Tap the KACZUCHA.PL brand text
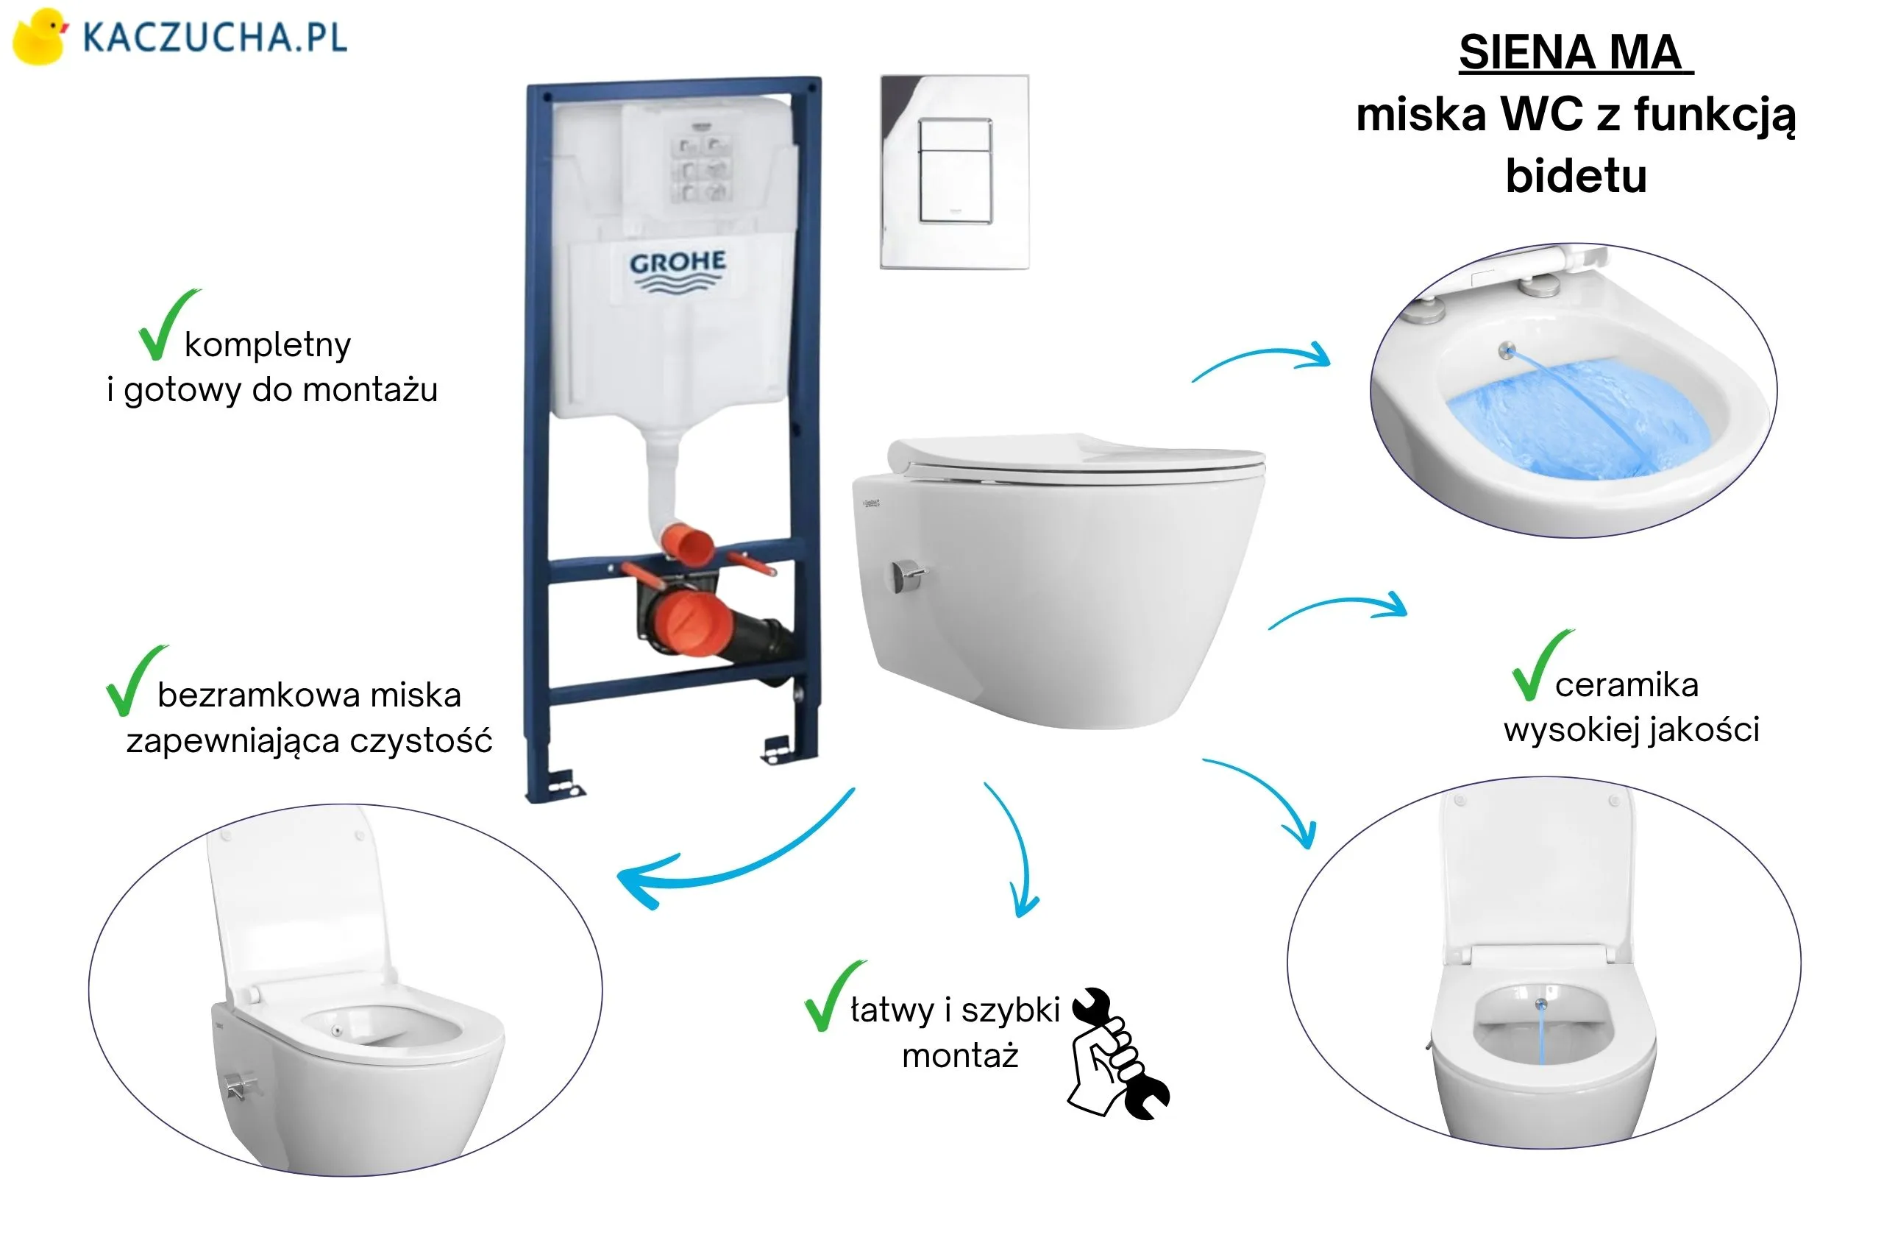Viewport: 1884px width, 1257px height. click(x=215, y=38)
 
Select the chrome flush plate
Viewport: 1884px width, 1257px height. click(x=954, y=171)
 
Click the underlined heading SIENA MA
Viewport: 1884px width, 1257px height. click(x=1575, y=53)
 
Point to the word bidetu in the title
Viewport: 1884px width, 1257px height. click(x=1576, y=176)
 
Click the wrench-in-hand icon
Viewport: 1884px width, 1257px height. click(x=1119, y=1053)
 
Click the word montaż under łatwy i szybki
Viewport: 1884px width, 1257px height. click(x=960, y=1056)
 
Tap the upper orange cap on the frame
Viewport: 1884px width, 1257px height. click(x=688, y=542)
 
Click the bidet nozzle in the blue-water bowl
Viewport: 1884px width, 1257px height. click(x=1507, y=350)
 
